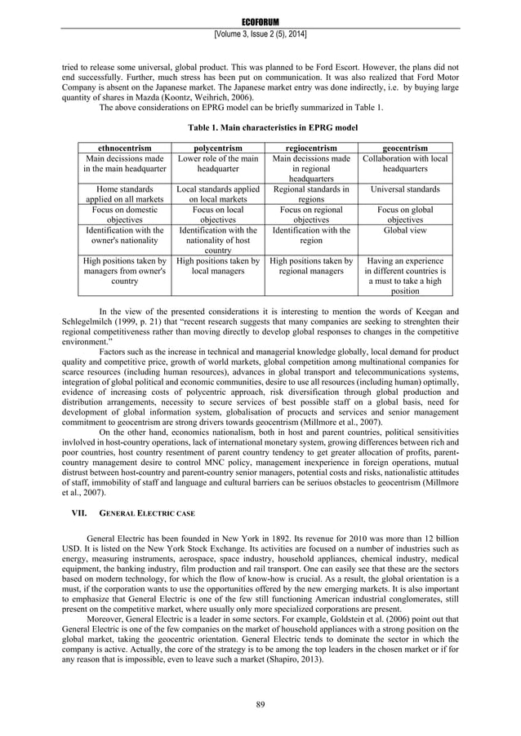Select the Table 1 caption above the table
[x=260, y=127]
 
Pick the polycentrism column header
[x=218, y=147]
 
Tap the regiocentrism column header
[x=311, y=147]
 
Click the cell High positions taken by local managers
[x=218, y=267]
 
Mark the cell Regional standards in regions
[x=311, y=194]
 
